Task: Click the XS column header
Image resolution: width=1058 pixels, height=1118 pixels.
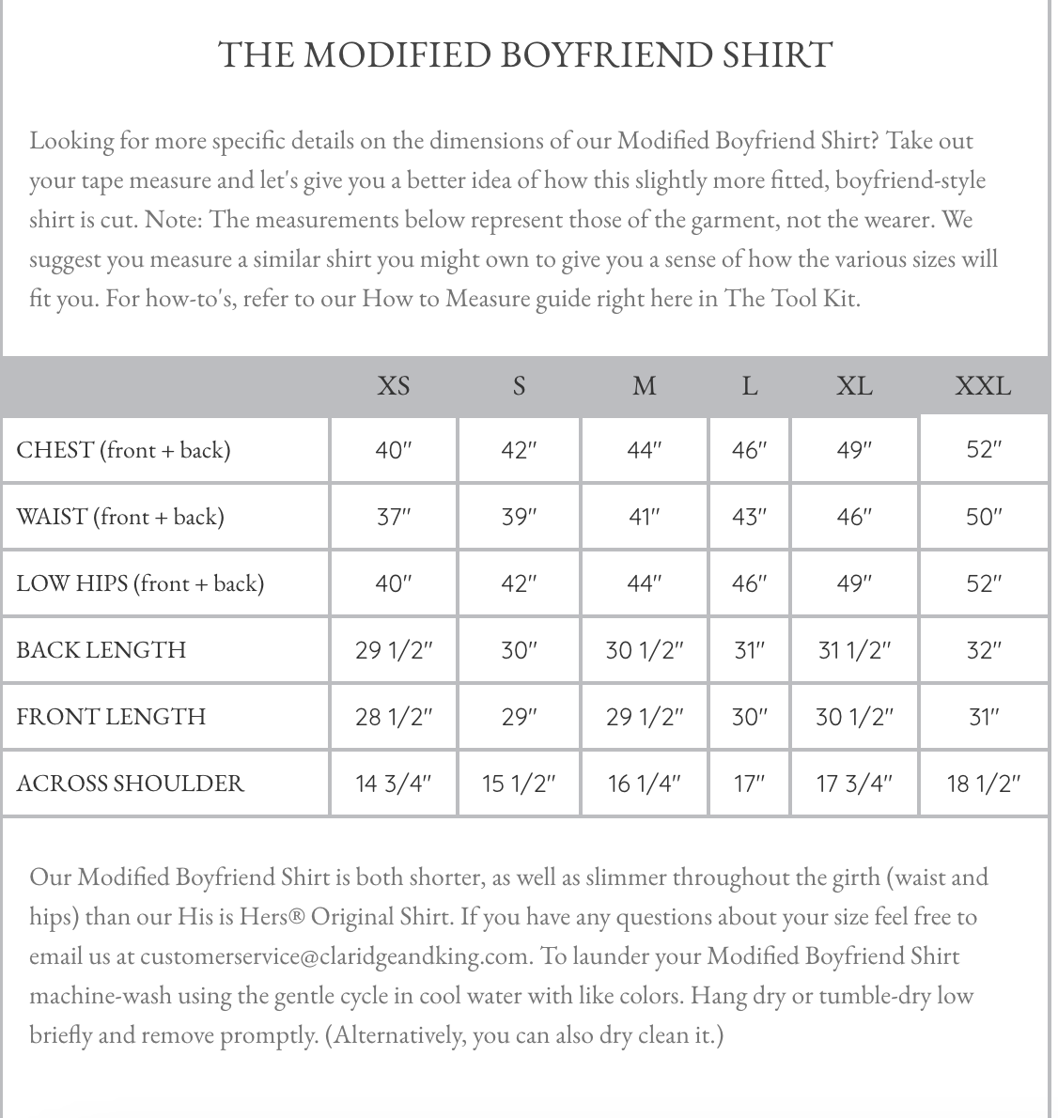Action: pyautogui.click(x=394, y=385)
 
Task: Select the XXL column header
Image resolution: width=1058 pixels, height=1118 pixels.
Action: pyautogui.click(x=983, y=385)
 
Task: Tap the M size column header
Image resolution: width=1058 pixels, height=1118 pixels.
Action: pyautogui.click(x=644, y=385)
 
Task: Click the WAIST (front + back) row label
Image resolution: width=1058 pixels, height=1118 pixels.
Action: pyautogui.click(x=120, y=517)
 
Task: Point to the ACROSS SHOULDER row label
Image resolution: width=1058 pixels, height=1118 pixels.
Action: pyautogui.click(x=130, y=783)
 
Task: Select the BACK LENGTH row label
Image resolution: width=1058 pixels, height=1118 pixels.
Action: pyautogui.click(x=101, y=649)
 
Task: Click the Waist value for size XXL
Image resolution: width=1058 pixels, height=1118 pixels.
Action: pyautogui.click(x=984, y=517)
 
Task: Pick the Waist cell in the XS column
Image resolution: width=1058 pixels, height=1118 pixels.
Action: pyautogui.click(x=394, y=517)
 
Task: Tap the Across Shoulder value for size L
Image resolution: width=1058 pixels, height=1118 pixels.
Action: pyautogui.click(x=749, y=783)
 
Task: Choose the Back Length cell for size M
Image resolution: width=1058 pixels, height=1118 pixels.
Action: pyautogui.click(x=644, y=649)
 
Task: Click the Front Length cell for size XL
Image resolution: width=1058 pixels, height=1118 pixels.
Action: pyautogui.click(x=854, y=716)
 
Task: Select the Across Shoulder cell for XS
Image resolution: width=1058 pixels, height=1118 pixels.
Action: pyautogui.click(x=394, y=783)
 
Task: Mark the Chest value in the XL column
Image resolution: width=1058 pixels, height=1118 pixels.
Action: pyautogui.click(x=854, y=450)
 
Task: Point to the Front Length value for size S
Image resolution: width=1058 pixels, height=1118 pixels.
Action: pyautogui.click(x=519, y=716)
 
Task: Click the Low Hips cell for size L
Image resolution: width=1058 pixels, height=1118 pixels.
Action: pyautogui.click(x=749, y=583)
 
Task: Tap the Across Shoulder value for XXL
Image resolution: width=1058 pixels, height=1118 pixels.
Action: pyautogui.click(x=984, y=783)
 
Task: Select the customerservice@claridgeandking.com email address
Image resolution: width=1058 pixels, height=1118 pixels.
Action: pyautogui.click(x=335, y=956)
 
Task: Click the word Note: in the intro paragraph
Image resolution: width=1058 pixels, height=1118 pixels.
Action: pyautogui.click(x=174, y=220)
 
